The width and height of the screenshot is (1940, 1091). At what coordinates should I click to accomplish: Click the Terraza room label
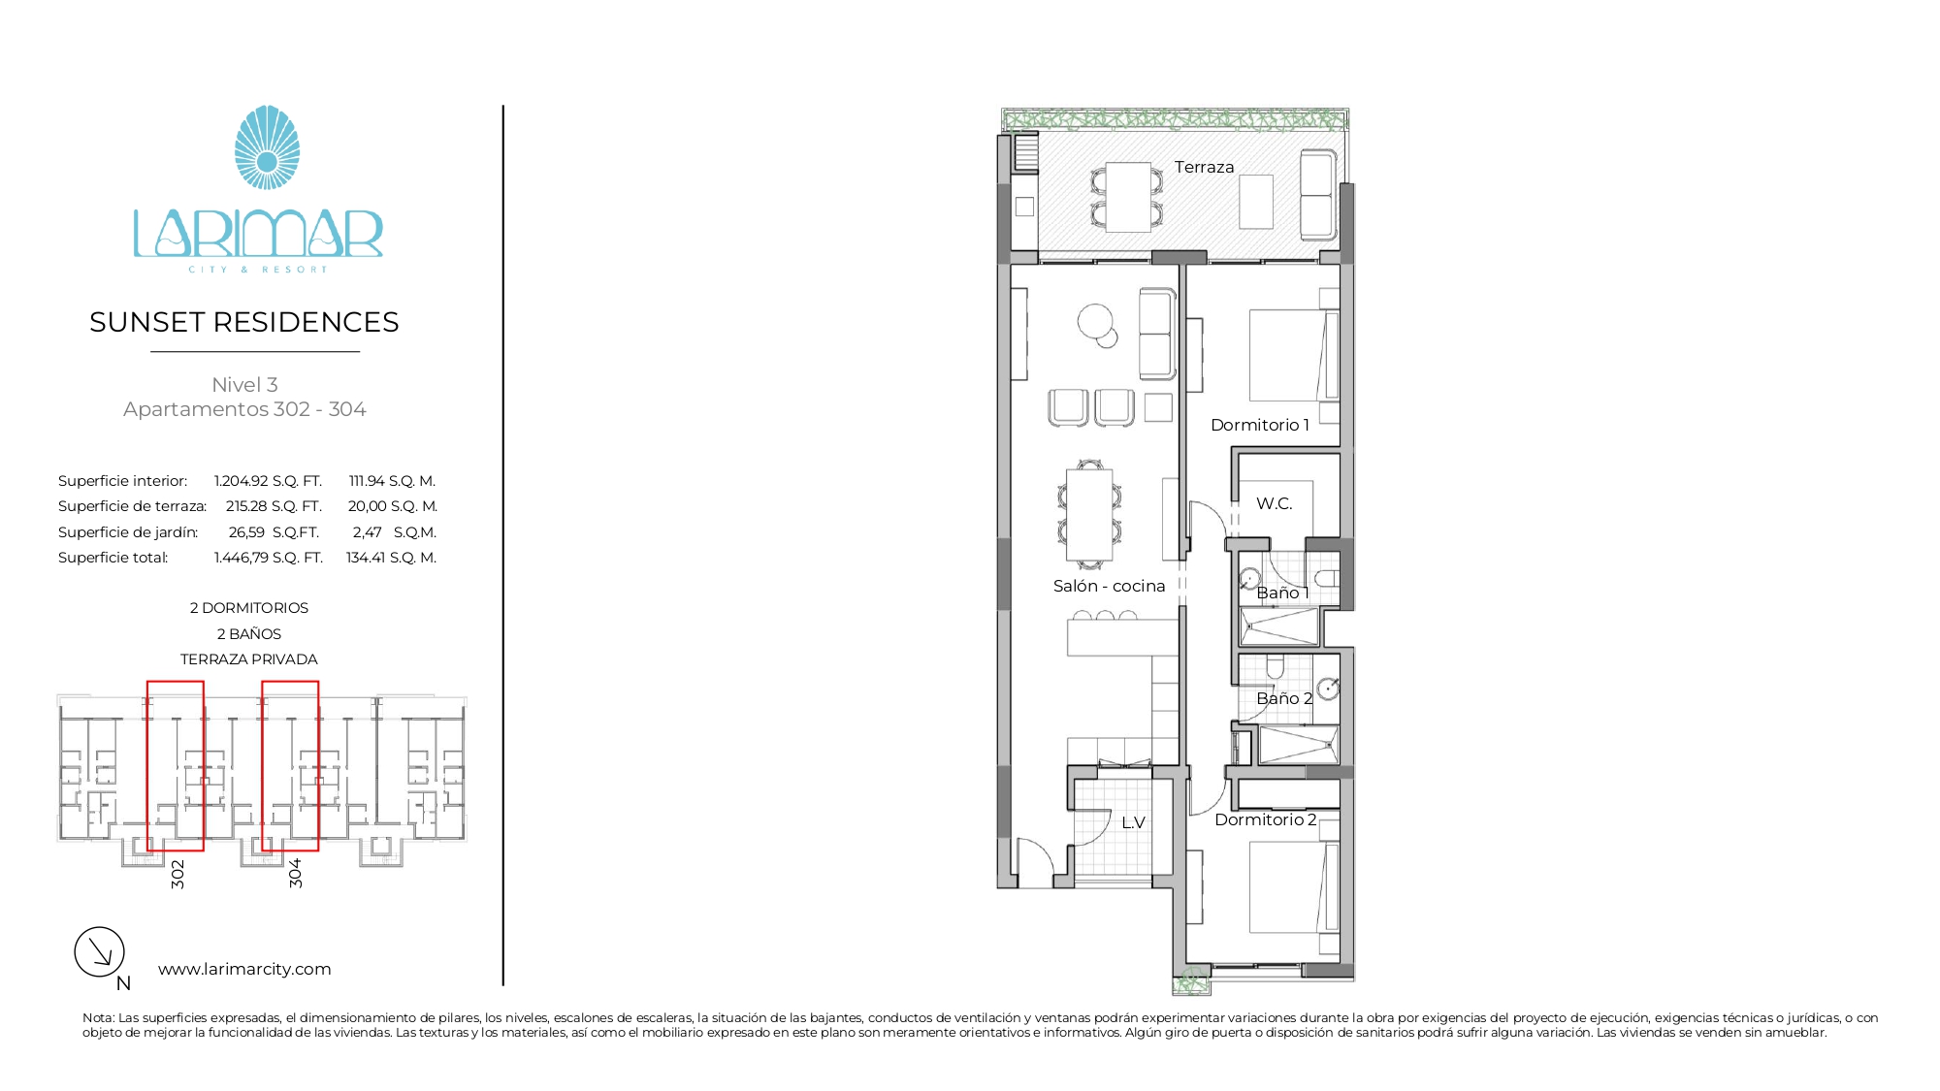(1204, 167)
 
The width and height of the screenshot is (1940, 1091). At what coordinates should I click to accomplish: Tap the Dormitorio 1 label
(1260, 425)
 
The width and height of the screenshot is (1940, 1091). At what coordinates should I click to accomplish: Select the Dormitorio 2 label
(1266, 819)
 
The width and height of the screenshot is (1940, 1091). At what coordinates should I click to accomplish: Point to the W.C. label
(1274, 503)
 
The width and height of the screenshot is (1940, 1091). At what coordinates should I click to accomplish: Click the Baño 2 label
(1284, 698)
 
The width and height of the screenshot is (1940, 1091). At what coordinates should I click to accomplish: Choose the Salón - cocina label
(1109, 586)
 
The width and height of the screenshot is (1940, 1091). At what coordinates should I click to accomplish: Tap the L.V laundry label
(1133, 822)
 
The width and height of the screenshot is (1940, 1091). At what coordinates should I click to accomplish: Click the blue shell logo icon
(267, 147)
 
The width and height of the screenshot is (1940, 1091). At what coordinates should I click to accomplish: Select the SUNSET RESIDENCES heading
(244, 322)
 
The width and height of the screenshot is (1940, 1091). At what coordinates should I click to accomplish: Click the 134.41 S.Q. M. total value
(392, 558)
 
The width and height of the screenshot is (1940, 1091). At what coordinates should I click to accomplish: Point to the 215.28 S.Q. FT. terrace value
(274, 506)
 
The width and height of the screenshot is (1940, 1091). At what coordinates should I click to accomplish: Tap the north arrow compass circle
(100, 951)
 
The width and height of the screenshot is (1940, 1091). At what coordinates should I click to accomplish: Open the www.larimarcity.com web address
(244, 969)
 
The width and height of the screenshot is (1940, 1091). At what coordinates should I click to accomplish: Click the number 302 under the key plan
(178, 874)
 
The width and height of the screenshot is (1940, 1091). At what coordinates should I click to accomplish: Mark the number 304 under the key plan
(296, 873)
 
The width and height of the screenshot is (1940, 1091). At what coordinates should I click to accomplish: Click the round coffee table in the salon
(1095, 321)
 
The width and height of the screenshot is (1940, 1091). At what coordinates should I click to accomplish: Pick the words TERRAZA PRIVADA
(249, 659)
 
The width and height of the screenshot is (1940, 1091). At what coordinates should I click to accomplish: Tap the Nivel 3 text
(244, 385)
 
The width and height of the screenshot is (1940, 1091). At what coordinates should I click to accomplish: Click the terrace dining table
(1128, 197)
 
